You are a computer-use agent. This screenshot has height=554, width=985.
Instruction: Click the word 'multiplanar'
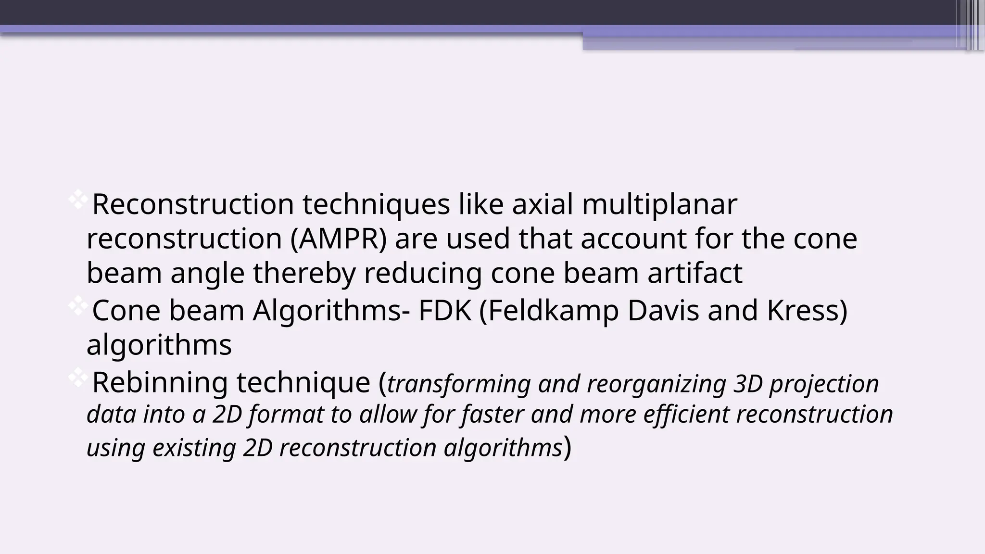click(x=659, y=204)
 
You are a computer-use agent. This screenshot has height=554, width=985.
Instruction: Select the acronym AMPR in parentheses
click(x=339, y=239)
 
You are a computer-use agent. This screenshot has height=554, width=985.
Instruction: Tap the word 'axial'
click(x=542, y=204)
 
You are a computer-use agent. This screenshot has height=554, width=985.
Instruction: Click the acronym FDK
click(x=445, y=311)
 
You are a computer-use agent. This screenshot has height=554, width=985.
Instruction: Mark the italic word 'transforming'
click(x=458, y=384)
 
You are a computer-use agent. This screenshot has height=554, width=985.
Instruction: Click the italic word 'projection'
click(x=824, y=384)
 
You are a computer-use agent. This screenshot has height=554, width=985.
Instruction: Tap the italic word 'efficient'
click(x=686, y=415)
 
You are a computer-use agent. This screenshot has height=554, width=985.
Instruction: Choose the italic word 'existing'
click(x=194, y=448)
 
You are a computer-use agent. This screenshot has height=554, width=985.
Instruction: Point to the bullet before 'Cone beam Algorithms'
click(x=77, y=306)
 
